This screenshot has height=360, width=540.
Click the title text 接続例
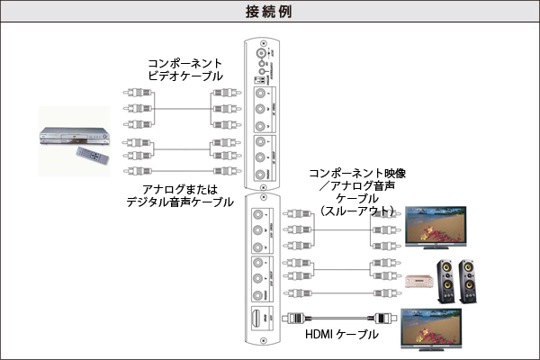click(269, 13)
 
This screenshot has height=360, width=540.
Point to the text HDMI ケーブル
click(341, 336)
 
